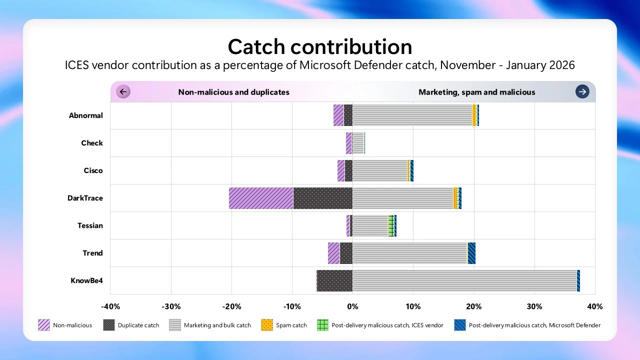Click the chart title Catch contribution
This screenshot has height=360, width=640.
pyautogui.click(x=320, y=46)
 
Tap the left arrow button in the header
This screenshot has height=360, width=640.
pyautogui.click(x=123, y=91)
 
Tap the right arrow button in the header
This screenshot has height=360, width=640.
pyautogui.click(x=582, y=91)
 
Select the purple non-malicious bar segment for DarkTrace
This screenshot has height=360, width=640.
pyautogui.click(x=261, y=198)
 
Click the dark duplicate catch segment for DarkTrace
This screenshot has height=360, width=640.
pyautogui.click(x=322, y=198)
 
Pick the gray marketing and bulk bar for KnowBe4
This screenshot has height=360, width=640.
pyautogui.click(x=464, y=280)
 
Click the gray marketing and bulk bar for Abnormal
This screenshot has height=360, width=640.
pyautogui.click(x=412, y=115)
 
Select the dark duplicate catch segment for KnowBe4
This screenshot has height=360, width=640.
pyautogui.click(x=334, y=280)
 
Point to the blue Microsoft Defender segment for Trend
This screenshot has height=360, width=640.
pyautogui.click(x=471, y=253)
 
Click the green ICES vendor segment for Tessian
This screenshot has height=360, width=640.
pyautogui.click(x=391, y=225)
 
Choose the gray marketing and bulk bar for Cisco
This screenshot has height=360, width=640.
pyautogui.click(x=379, y=170)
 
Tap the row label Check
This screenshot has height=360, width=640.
pyautogui.click(x=92, y=143)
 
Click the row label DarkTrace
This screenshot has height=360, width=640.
pyautogui.click(x=85, y=198)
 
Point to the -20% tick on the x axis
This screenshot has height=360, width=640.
pyautogui.click(x=231, y=306)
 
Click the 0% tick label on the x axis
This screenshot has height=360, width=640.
pyautogui.click(x=352, y=306)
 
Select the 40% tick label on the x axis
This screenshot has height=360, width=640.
pyautogui.click(x=594, y=306)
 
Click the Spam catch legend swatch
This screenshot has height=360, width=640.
pyautogui.click(x=267, y=325)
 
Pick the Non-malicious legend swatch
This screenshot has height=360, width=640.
pyautogui.click(x=44, y=325)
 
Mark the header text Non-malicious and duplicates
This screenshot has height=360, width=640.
pyautogui.click(x=233, y=92)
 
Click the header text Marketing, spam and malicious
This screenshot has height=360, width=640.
pyautogui.click(x=476, y=92)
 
